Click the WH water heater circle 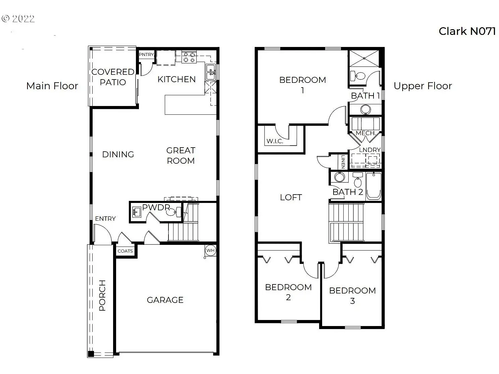(x=210, y=250)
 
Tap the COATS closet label (x=125, y=251)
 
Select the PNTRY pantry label (x=146, y=55)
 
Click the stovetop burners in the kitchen (x=189, y=57)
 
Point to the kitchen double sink (x=211, y=72)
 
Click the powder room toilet (x=174, y=212)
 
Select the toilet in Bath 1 (x=357, y=76)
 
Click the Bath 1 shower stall (x=364, y=58)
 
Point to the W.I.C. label (x=275, y=141)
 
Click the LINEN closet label (x=343, y=162)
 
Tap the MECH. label (x=365, y=133)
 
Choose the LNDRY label (x=370, y=150)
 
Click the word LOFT (x=291, y=197)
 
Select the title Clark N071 (x=467, y=31)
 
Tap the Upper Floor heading (x=423, y=86)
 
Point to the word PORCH (x=102, y=296)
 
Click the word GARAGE (x=165, y=300)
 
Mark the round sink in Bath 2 (x=339, y=177)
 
